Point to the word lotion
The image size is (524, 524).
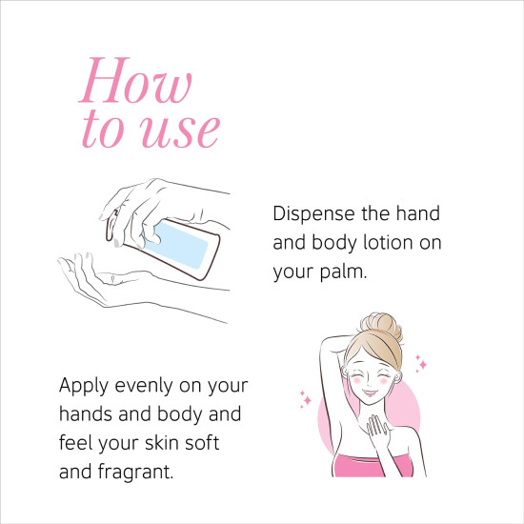point(384,243)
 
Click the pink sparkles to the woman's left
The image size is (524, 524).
point(306,399)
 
